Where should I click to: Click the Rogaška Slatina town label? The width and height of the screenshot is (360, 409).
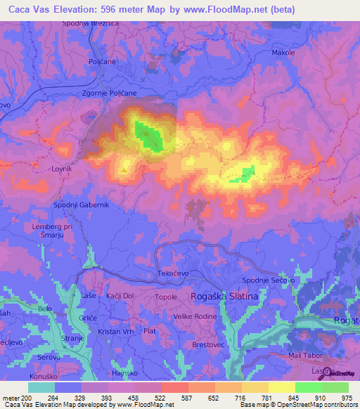point(224,297)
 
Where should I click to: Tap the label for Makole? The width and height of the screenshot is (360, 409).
point(283,53)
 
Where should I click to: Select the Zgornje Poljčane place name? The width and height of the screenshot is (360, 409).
point(109,93)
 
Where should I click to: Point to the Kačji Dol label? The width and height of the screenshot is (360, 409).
point(120,297)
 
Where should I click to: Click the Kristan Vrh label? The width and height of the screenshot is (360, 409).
point(116,330)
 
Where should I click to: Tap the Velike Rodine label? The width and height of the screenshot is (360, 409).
point(195,316)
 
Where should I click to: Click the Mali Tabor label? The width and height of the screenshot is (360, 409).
point(304,356)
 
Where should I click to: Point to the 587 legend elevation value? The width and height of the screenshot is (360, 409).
point(188,398)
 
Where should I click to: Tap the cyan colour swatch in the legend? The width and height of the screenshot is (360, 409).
point(41,387)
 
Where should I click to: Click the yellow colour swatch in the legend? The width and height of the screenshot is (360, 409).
point(281,387)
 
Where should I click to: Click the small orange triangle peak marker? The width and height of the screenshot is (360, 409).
point(124,169)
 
